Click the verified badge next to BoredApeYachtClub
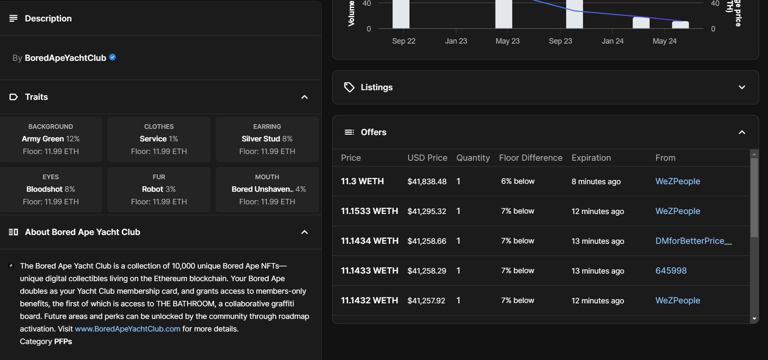(x=112, y=57)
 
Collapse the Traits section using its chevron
(x=305, y=97)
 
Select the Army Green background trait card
(x=51, y=139)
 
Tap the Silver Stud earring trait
(x=267, y=139)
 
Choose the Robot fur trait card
(x=159, y=189)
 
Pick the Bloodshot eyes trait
(x=51, y=189)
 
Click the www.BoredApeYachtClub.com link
(x=128, y=329)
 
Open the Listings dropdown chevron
(x=742, y=87)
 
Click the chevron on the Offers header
(x=742, y=132)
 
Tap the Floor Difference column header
(x=531, y=158)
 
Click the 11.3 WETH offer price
(x=362, y=181)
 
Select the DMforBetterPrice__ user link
(x=693, y=241)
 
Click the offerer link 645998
(x=671, y=271)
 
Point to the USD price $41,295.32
(x=427, y=211)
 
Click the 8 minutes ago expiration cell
(x=596, y=181)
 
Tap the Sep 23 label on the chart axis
(x=560, y=41)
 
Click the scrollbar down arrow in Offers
(x=754, y=319)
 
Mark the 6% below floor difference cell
(x=518, y=181)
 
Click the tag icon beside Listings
(x=349, y=87)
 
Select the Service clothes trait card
(x=159, y=139)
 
